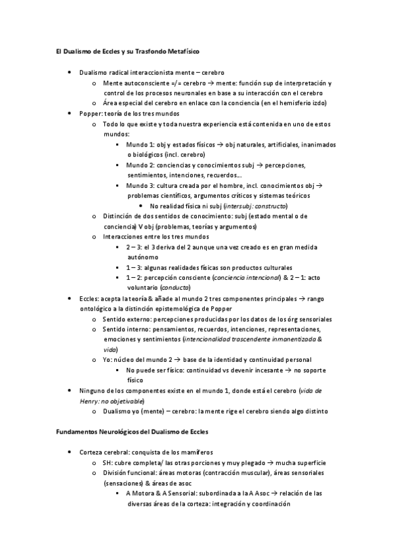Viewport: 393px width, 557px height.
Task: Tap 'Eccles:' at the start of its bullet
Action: click(x=90, y=298)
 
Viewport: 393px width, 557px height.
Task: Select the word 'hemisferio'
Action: click(x=285, y=103)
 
